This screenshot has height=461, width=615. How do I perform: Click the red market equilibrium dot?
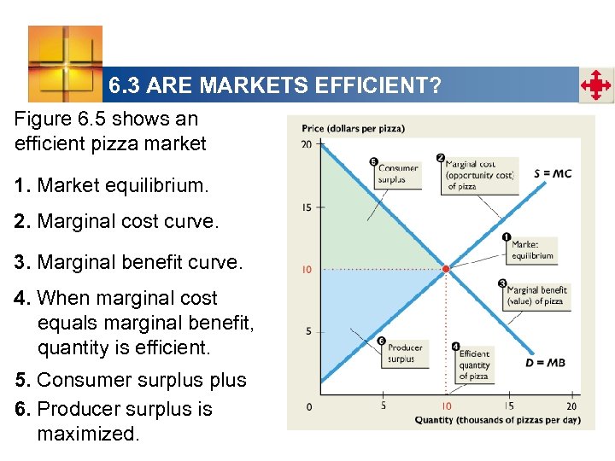pyautogui.click(x=445, y=269)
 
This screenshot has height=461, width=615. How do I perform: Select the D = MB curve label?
pyautogui.click(x=544, y=363)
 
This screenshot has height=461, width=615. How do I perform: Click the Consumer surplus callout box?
pyautogui.click(x=397, y=174)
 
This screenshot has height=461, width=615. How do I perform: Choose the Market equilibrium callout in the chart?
pyautogui.click(x=532, y=249)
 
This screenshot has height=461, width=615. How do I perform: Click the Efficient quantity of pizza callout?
pyautogui.click(x=474, y=365)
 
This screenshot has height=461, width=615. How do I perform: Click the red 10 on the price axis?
pyautogui.click(x=307, y=270)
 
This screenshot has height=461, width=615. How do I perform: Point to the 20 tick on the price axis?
pyautogui.click(x=306, y=144)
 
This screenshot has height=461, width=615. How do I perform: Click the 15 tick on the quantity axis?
pyautogui.click(x=508, y=406)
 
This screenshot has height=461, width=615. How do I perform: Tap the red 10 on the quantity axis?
pyautogui.click(x=446, y=406)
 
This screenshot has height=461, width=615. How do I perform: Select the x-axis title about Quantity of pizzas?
pyautogui.click(x=497, y=420)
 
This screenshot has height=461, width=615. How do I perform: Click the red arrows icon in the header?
pyautogui.click(x=595, y=85)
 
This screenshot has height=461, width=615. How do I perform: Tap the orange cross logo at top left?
pyautogui.click(x=65, y=64)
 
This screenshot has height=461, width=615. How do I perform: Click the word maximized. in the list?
pyautogui.click(x=87, y=434)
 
